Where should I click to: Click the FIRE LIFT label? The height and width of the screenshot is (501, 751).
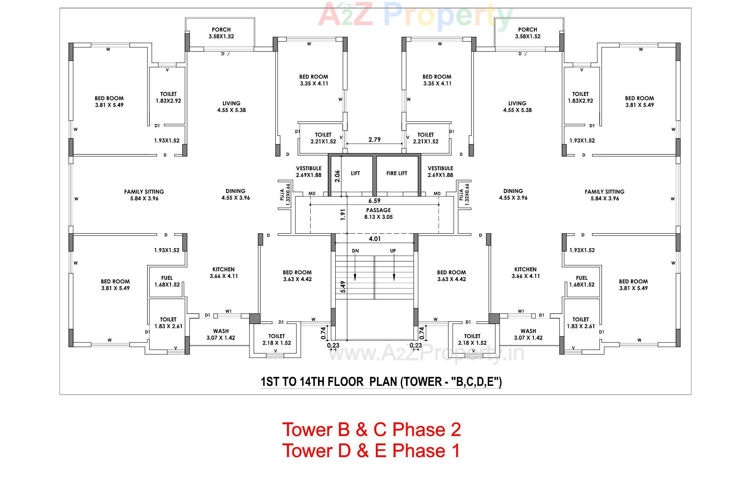[x=397, y=173]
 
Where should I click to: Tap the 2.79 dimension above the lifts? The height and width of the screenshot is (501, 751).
[x=374, y=140]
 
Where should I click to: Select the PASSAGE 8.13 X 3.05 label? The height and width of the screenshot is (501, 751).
[x=378, y=214]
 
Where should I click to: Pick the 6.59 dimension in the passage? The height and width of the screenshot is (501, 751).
[x=374, y=201]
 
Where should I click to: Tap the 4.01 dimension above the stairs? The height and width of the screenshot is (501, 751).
[x=374, y=239]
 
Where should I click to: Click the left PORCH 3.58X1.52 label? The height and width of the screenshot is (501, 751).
[x=221, y=33]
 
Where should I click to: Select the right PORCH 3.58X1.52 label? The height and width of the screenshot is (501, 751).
[x=527, y=33]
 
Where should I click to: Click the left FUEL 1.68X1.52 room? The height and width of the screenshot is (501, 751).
[x=167, y=281]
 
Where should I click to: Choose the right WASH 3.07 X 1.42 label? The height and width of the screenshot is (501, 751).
[x=528, y=334]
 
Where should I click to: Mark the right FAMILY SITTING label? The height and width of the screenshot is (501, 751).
[x=604, y=195]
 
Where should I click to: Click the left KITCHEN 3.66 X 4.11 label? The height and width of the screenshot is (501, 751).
[x=223, y=273]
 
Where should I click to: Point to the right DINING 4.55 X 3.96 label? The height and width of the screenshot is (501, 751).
[x=513, y=195]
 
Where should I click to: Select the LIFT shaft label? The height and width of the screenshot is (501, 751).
[x=355, y=173]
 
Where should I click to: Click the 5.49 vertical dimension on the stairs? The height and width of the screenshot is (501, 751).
[x=343, y=287]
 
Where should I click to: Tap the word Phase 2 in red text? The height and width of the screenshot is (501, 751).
[x=427, y=430]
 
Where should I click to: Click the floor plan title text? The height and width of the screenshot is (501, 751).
[x=381, y=382]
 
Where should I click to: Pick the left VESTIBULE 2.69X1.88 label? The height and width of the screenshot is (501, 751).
[x=309, y=172]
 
